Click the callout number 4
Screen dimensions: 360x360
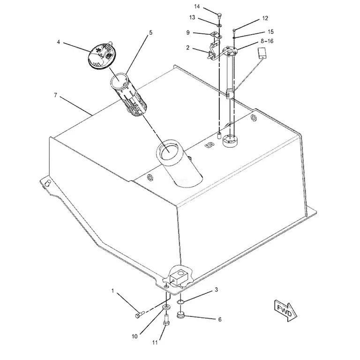tap(58, 42)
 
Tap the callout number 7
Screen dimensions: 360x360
tap(55, 95)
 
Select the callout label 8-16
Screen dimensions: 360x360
tap(267, 41)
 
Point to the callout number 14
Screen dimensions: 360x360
tap(197, 7)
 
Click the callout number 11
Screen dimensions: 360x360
tap(155, 342)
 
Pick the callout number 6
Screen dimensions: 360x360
tap(220, 319)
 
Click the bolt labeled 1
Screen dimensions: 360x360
tap(139, 314)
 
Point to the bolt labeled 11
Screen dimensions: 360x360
tap(166, 320)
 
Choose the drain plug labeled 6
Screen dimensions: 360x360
tap(181, 315)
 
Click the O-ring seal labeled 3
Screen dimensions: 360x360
tap(180, 302)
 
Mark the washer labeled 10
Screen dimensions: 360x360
tap(166, 307)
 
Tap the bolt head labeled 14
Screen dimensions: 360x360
tap(219, 16)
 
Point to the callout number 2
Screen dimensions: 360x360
tap(188, 48)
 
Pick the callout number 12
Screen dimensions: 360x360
tap(265, 18)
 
